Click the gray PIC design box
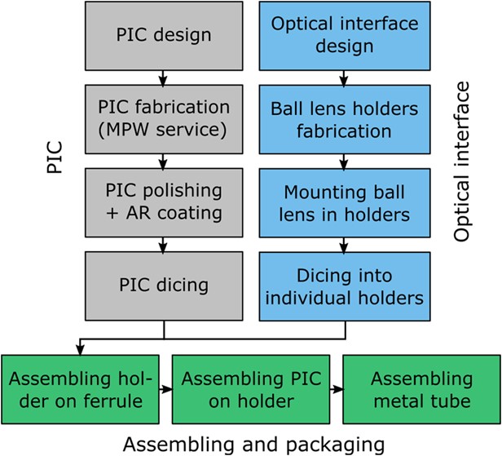[164, 37]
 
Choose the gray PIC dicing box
[164, 285]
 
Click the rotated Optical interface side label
[463, 161]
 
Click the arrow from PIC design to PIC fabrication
[164, 77]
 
